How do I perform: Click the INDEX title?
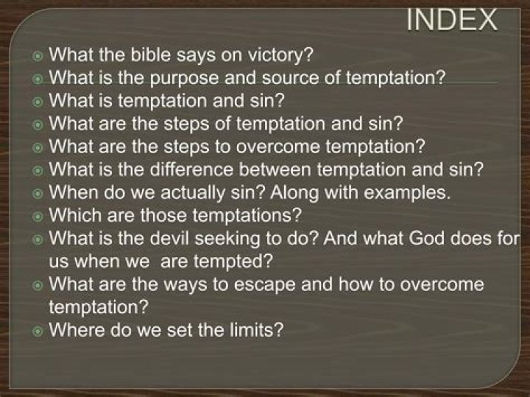tap(452, 20)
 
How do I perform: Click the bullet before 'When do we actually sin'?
tap(38, 194)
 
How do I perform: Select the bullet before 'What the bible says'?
tap(38, 55)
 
